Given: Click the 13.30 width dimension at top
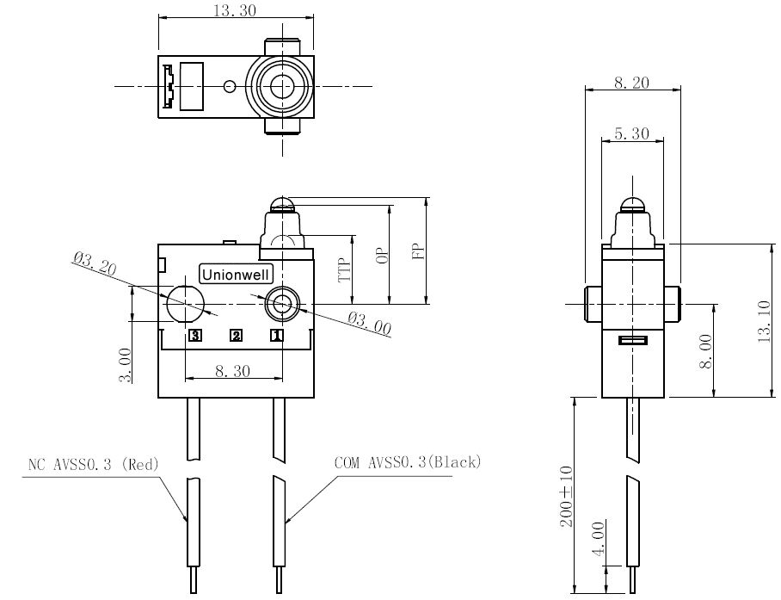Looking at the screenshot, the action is click(x=235, y=10).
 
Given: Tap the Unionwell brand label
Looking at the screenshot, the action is click(x=236, y=275).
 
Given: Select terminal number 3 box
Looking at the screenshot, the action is click(x=195, y=336).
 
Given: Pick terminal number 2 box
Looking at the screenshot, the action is click(x=236, y=336).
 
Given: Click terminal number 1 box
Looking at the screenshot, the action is click(x=276, y=336).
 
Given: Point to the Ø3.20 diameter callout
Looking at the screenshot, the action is click(x=95, y=263).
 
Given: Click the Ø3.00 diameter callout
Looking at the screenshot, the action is click(x=369, y=323).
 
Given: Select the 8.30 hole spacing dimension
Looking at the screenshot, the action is click(x=232, y=371).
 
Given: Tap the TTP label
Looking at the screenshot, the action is click(x=345, y=270).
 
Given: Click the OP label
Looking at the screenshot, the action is click(x=383, y=255).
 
